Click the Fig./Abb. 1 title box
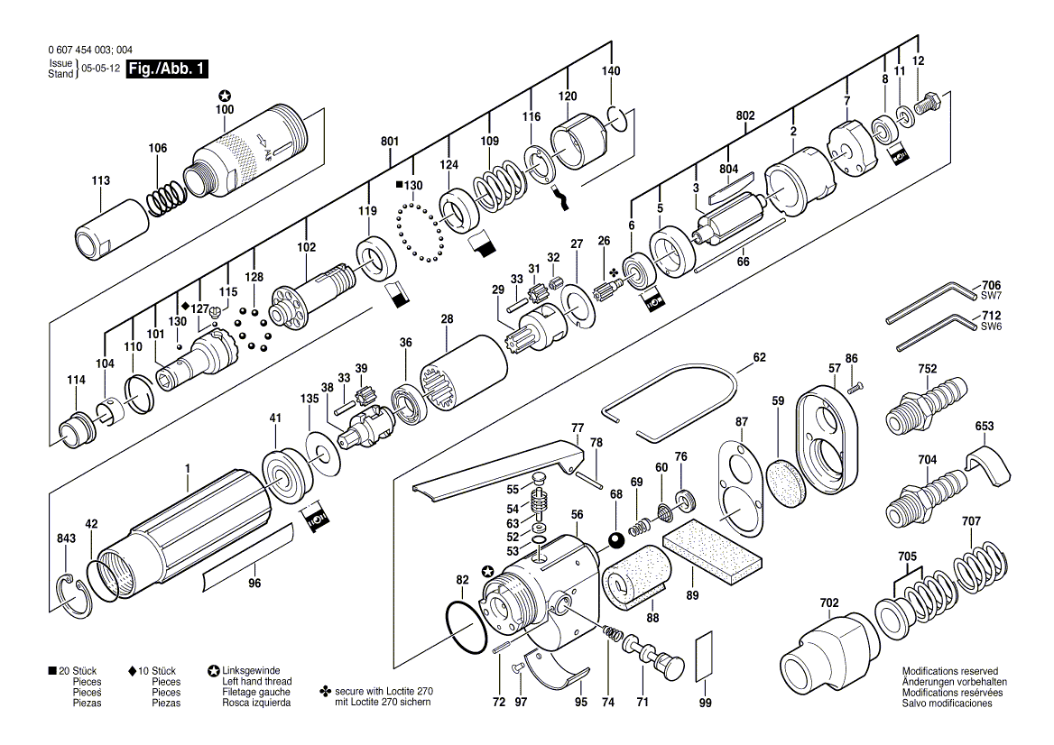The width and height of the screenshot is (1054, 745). [x=167, y=69]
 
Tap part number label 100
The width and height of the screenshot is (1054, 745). [x=225, y=109]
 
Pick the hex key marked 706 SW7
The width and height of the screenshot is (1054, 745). [x=933, y=301]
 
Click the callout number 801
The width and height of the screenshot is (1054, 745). [x=390, y=141]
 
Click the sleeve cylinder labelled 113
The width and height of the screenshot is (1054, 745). [x=112, y=228]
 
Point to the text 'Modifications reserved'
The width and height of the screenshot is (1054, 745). [x=950, y=671]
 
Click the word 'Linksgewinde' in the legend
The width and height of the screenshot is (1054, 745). [x=252, y=670]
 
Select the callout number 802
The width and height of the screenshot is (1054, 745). [x=745, y=115]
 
